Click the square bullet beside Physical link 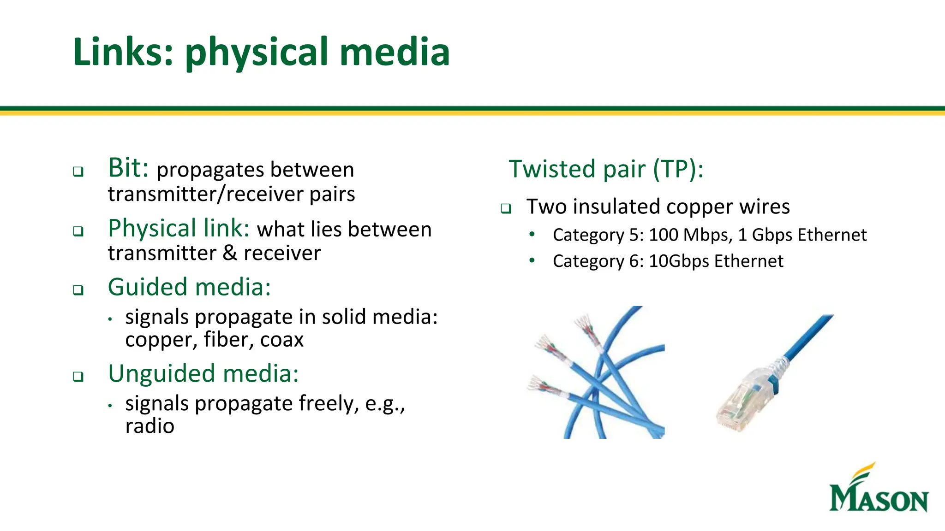click(78, 231)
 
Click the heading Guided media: click(189, 287)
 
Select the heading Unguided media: click(203, 373)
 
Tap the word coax click(281, 340)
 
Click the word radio click(150, 426)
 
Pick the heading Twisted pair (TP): click(606, 169)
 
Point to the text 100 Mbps click(690, 235)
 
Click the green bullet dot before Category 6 click(532, 260)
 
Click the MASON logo click(878, 490)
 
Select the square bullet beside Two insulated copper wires click(506, 209)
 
